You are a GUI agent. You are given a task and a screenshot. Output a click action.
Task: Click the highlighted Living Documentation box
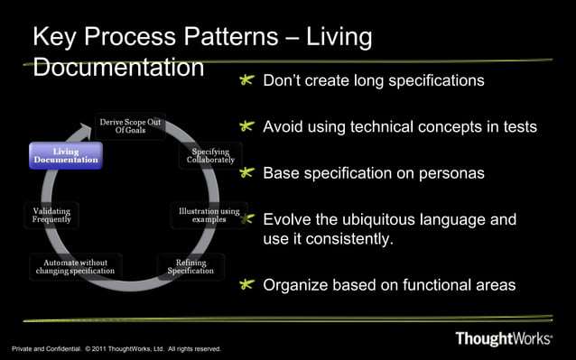pos(66,155)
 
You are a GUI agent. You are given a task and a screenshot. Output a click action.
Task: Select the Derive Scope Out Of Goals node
pos(131,125)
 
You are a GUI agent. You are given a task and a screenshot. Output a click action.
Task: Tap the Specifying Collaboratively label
pos(210,155)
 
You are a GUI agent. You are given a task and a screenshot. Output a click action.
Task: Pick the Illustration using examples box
pos(209,216)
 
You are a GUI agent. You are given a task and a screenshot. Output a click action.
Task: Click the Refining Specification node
pos(190,266)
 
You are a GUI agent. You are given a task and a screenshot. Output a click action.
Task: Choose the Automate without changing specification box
pos(75,266)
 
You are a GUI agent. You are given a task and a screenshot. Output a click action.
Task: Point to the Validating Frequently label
pos(51,215)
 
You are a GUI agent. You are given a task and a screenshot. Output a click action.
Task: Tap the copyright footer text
pos(116,349)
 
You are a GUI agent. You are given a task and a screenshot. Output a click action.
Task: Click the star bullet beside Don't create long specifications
pos(247,81)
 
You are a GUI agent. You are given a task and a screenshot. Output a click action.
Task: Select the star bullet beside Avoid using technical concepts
pos(247,127)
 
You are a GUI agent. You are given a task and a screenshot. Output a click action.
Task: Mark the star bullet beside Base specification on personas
pos(247,172)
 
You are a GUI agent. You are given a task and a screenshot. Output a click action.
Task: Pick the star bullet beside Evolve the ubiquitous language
pos(247,219)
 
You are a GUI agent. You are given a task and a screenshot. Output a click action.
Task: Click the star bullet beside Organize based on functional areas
pos(247,285)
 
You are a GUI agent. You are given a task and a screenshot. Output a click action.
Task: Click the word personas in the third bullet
pos(442,173)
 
